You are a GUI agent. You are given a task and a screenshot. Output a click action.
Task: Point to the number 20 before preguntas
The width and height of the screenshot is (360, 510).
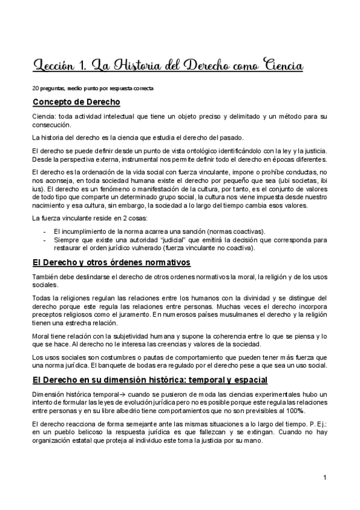click(35, 88)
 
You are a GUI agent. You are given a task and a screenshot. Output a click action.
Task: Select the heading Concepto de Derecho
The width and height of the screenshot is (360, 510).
click(76, 101)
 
